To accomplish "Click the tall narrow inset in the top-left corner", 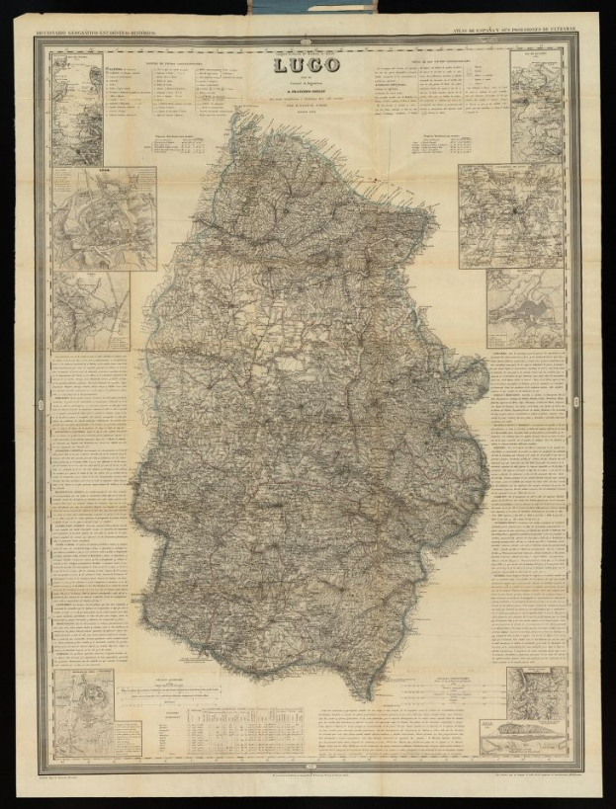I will pyautogui.click(x=77, y=109).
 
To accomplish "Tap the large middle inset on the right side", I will pyautogui.click(x=510, y=215).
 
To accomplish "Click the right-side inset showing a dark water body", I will pyautogui.click(x=525, y=308).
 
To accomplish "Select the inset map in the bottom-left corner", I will pyautogui.click(x=85, y=706).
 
